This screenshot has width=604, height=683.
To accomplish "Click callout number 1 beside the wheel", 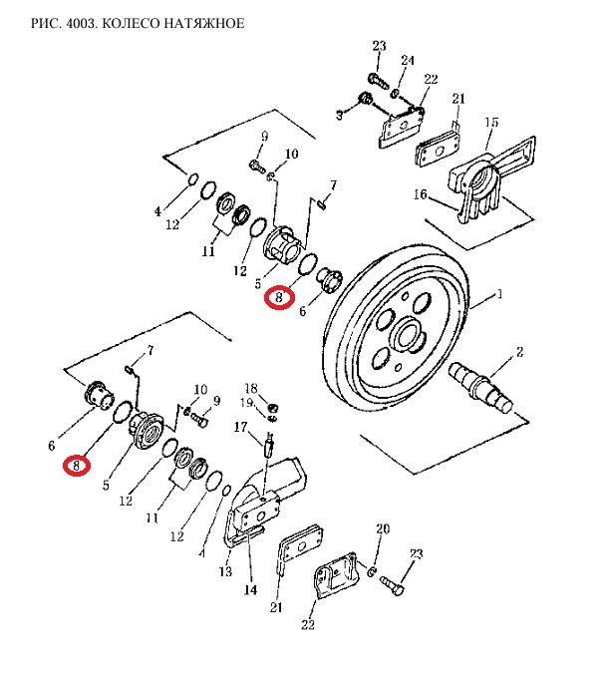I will pos(500,294).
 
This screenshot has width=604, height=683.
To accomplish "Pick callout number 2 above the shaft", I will pos(519,352).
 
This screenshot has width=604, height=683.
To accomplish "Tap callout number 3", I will pos(338,116).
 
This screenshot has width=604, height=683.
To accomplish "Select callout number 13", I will pos(225,572).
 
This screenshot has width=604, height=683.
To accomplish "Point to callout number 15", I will pos(491,123).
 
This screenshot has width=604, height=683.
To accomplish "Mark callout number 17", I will pos(240,427).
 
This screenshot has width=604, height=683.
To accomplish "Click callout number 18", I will pos(251,388).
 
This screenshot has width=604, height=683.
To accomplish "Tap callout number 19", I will pos(247,403).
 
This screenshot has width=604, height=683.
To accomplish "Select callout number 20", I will pos(382,528).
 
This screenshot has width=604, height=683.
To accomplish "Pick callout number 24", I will pos(407,61).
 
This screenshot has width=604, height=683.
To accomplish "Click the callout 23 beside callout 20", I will pos(416,553).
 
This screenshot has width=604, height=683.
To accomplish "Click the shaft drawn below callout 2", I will pos(482,387).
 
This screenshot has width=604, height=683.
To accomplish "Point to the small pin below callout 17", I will pos(267,446).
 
